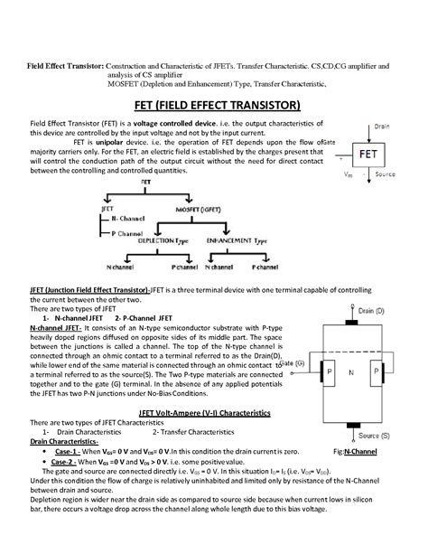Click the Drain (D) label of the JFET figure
(377, 311)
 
